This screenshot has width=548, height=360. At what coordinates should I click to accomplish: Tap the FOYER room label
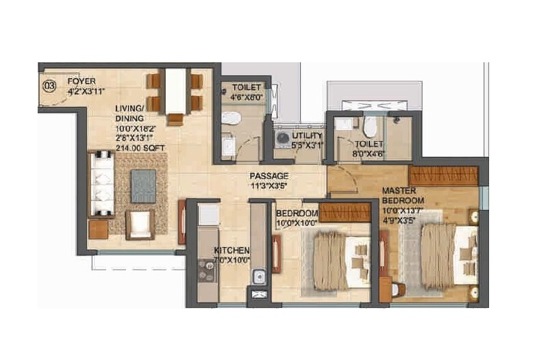[x=82, y=81]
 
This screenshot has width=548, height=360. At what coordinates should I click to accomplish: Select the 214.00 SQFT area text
[x=140, y=148]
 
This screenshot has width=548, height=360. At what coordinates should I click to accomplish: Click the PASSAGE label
[x=269, y=176]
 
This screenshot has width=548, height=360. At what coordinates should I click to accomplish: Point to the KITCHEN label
[x=232, y=250]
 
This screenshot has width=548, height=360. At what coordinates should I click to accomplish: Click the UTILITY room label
[x=307, y=136]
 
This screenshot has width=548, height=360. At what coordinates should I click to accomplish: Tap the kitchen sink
[x=259, y=277]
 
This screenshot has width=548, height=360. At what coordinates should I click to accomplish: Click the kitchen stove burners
[x=206, y=271]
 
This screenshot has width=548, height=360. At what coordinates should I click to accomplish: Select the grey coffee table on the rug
[x=143, y=186]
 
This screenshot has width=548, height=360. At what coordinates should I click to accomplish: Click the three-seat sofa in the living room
[x=101, y=184]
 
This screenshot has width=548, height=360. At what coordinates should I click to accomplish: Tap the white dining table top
[x=175, y=91]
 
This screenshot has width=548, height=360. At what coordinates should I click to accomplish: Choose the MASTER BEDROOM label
[x=403, y=196]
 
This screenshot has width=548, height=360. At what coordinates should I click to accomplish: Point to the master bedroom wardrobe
[x=443, y=176]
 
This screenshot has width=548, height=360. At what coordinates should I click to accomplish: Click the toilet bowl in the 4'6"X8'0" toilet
[x=231, y=118]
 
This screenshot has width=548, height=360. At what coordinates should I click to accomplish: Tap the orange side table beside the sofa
[x=98, y=230]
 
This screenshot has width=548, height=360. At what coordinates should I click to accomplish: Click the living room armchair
[x=140, y=224]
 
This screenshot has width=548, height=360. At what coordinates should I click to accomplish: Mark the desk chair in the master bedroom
[x=399, y=290]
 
